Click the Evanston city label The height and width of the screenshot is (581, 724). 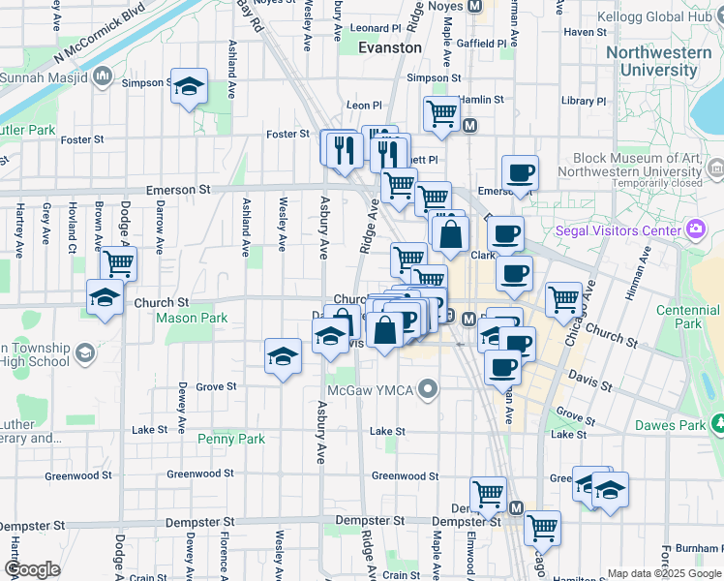coord(389,46)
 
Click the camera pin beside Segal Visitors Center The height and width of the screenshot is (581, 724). coord(694,229)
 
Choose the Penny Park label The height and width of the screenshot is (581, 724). coord(231,439)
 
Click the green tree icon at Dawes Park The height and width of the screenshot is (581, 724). coord(717,423)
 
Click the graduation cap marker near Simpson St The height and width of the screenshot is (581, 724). coord(190,87)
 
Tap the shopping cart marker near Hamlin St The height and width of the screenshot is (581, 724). coord(441,112)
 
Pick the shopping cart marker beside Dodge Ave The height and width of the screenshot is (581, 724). coord(118,262)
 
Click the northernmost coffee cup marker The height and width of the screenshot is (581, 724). coord(520,172)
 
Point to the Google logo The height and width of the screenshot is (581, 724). coord(32,568)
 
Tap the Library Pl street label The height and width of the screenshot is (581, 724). coord(583,101)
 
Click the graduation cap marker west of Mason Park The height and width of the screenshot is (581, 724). coord(105,297)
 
